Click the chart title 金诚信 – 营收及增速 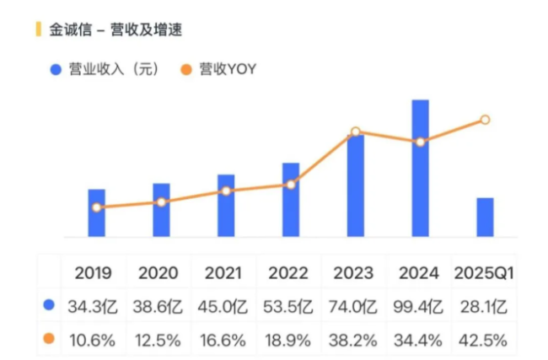tap(116, 30)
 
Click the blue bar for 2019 tap(97, 213)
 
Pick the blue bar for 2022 tap(291, 200)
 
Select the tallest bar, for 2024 tap(420, 169)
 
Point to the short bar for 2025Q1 tap(485, 218)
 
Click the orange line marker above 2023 tap(356, 132)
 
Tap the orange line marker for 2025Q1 tap(485, 120)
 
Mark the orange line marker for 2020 tap(162, 202)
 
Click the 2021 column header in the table tap(223, 273)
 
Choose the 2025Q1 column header tap(484, 273)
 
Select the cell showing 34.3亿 tap(94, 306)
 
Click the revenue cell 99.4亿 tap(419, 306)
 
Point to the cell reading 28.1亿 tap(484, 306)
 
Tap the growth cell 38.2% tap(354, 340)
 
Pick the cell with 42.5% tap(484, 340)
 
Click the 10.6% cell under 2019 tap(94, 340)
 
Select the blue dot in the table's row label tap(48, 305)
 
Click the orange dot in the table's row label tap(48, 339)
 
